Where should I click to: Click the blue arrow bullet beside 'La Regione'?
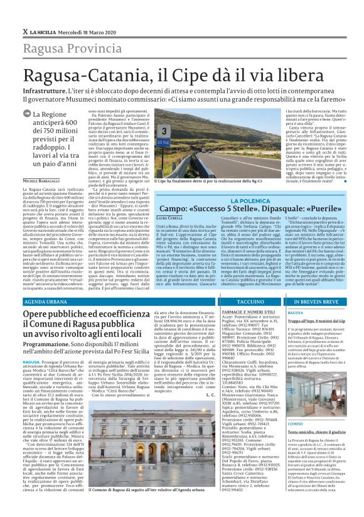(27, 114)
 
